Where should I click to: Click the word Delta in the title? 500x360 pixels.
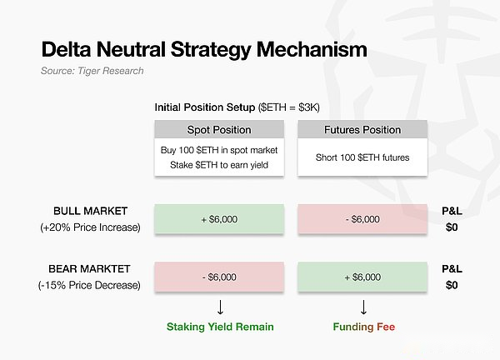click(66, 49)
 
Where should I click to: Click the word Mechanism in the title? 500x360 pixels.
click(312, 49)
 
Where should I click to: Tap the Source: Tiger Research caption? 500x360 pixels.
click(92, 71)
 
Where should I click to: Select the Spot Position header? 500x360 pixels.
click(219, 130)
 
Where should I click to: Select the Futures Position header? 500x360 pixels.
click(362, 130)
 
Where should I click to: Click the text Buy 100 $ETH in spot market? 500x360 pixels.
click(219, 150)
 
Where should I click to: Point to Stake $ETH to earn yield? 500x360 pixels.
click(219, 165)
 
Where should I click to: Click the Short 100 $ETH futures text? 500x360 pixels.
click(362, 157)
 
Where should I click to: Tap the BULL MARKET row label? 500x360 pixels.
click(90, 211)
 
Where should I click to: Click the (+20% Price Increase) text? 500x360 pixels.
click(90, 227)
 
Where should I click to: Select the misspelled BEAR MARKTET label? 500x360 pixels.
click(89, 269)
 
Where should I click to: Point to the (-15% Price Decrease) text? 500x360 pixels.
click(89, 285)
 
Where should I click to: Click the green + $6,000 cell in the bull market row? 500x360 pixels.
click(219, 219)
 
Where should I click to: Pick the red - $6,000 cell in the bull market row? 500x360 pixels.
click(362, 219)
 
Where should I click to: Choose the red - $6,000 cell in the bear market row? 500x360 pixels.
click(219, 277)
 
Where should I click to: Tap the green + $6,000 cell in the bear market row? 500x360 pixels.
click(362, 277)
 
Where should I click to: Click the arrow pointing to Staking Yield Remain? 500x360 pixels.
click(220, 307)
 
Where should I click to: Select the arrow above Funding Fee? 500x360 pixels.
click(363, 307)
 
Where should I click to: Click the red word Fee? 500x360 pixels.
click(386, 327)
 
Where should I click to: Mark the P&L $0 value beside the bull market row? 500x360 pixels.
click(452, 227)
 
